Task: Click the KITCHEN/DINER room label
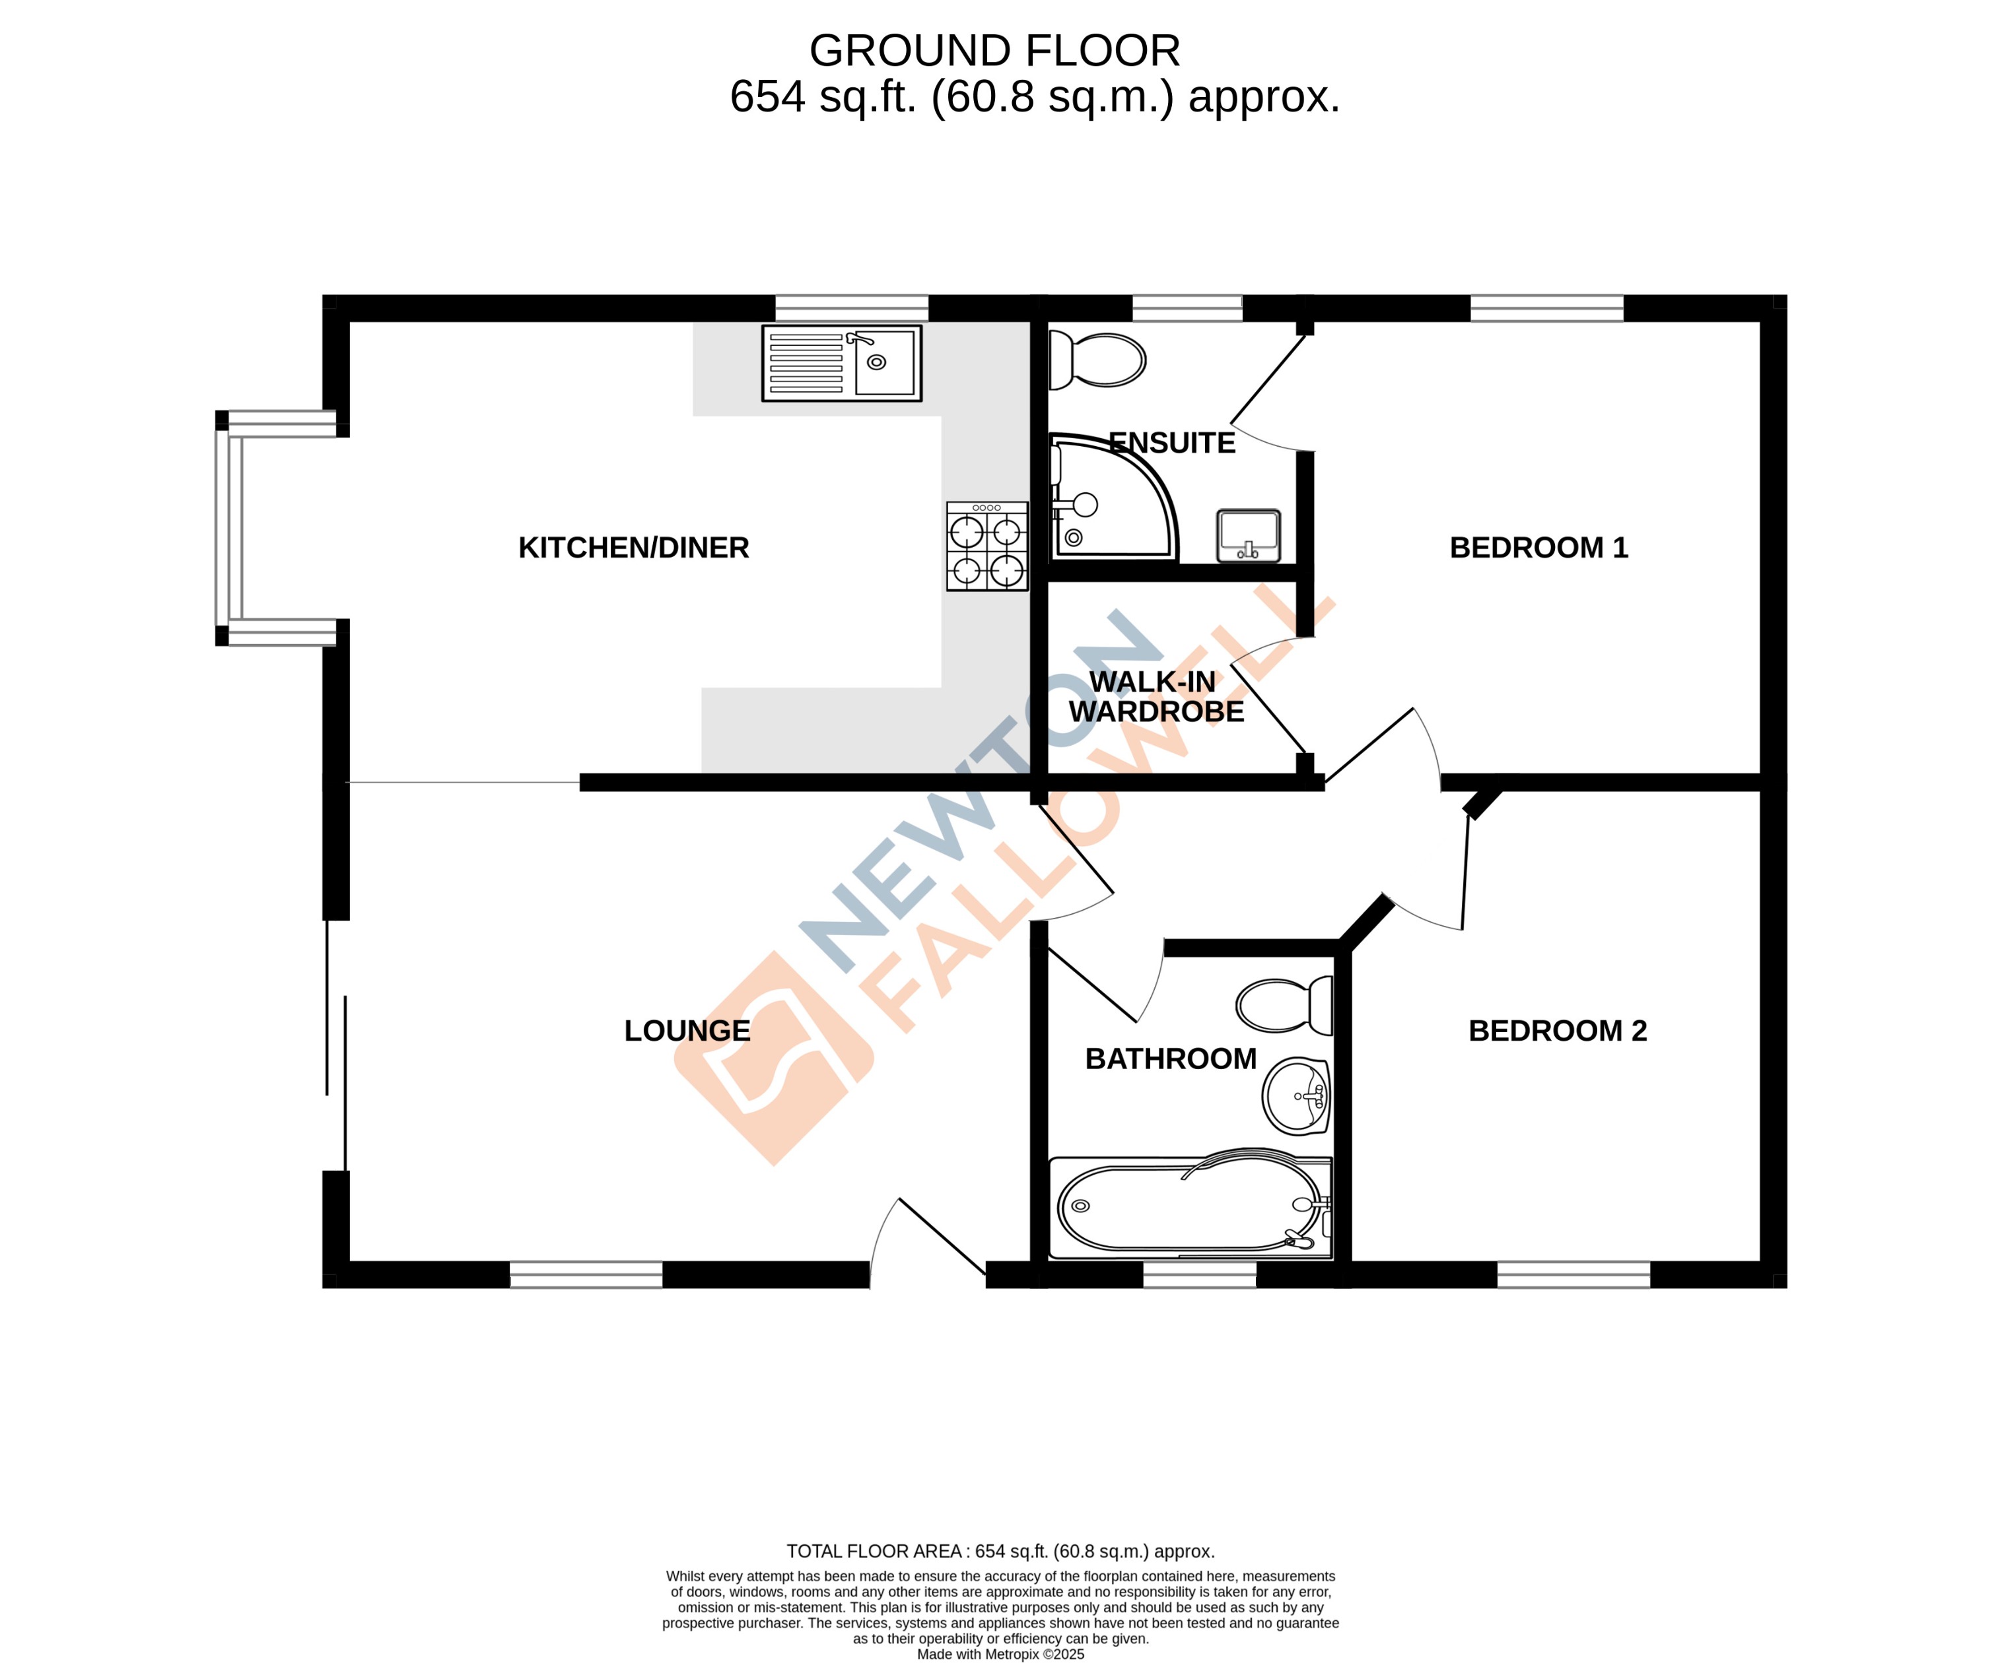[633, 548]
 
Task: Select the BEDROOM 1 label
[1538, 548]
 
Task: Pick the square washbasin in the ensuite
[1248, 537]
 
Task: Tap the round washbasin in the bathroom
[1297, 1096]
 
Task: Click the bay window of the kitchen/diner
[229, 528]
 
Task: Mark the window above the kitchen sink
[851, 308]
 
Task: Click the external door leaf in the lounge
[941, 1236]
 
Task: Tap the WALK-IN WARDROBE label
[1156, 697]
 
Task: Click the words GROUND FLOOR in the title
[994, 51]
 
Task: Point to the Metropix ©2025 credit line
[1000, 1654]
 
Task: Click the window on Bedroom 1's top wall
[1546, 308]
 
